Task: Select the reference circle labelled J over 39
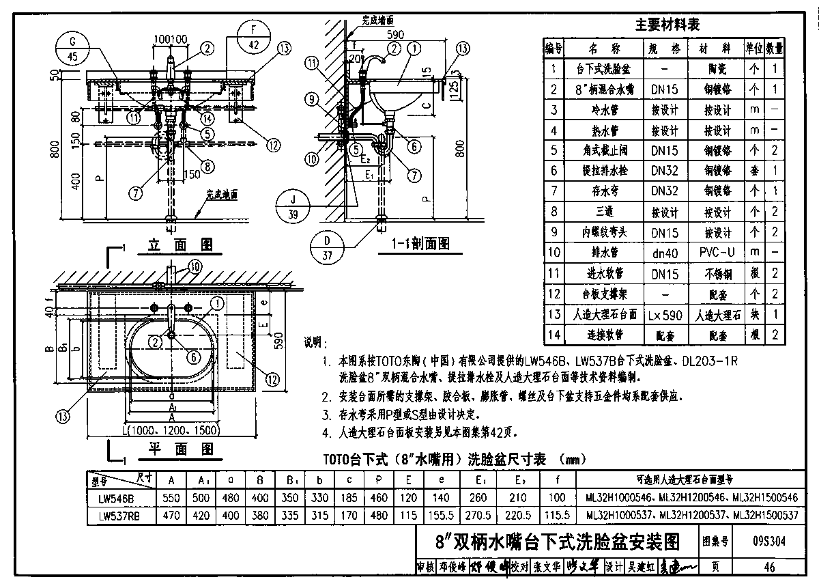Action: tap(294, 207)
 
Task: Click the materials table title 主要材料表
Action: tap(667, 25)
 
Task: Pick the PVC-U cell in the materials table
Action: tap(717, 253)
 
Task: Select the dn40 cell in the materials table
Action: tap(665, 253)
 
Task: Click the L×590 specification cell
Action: tap(665, 315)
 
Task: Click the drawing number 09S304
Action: tap(768, 542)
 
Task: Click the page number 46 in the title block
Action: tap(769, 567)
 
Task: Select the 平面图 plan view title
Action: tap(180, 449)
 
